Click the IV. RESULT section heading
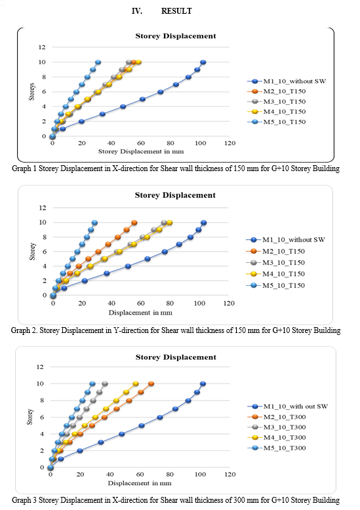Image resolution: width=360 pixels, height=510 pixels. (161, 11)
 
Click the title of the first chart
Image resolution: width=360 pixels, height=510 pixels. (176, 36)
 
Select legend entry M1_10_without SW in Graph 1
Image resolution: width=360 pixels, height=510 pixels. (287, 81)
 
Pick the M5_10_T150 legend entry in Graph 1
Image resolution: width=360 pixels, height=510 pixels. (277, 122)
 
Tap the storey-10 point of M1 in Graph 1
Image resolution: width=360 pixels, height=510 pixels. (203, 62)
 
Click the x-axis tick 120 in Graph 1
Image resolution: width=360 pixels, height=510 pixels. (230, 143)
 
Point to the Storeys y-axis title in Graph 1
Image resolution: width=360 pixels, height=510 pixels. (31, 92)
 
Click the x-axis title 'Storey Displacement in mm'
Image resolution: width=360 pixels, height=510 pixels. (141, 151)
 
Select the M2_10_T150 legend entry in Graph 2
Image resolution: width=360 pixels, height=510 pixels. (275, 251)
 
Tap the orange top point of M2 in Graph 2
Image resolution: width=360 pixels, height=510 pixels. (134, 223)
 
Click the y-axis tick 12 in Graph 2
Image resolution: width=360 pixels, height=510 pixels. (43, 208)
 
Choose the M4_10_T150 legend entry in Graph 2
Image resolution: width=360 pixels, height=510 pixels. (275, 274)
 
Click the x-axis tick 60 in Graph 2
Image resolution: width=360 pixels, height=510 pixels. (140, 303)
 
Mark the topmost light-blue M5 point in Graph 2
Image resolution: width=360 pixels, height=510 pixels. (94, 223)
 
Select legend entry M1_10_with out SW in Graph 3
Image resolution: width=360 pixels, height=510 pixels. (288, 406)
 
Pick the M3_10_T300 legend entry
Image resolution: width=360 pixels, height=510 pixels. (277, 427)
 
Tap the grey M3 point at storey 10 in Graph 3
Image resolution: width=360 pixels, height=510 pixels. (104, 383)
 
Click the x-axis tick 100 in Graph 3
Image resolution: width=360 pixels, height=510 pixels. (200, 474)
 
